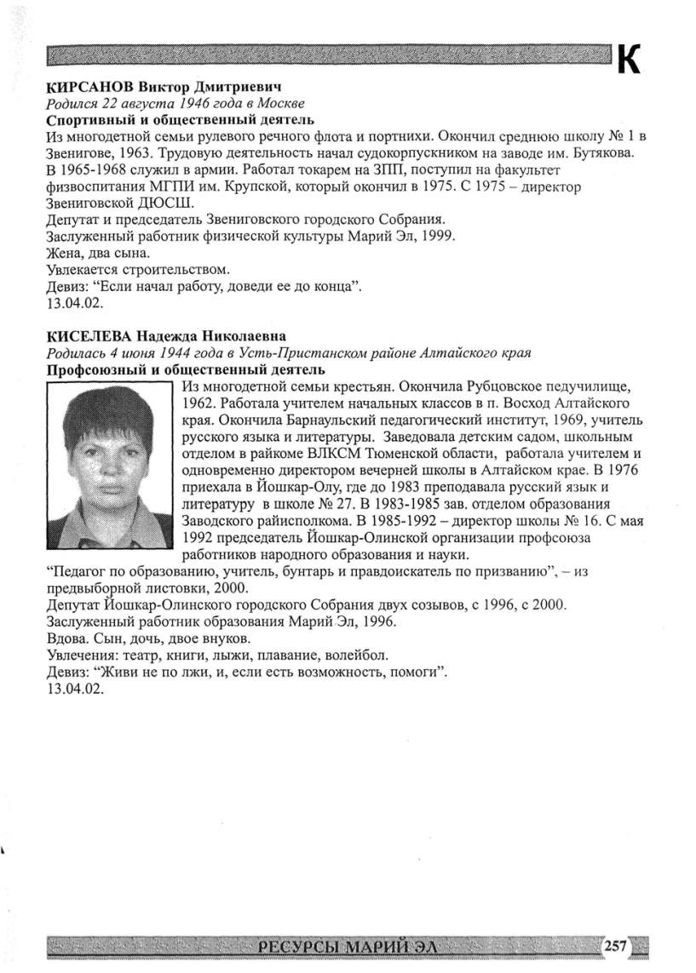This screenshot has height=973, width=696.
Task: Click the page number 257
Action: (x=616, y=944)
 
